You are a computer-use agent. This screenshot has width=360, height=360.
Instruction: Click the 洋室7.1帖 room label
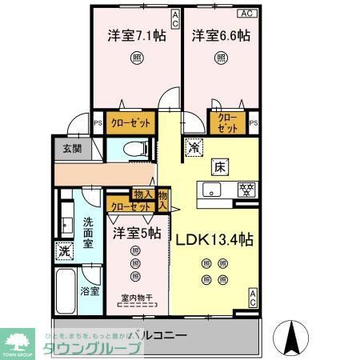pyautogui.click(x=136, y=36)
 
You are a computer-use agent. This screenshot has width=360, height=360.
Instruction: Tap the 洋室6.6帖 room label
pyautogui.click(x=219, y=36)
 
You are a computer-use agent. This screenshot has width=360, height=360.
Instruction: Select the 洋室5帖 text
pyautogui.click(x=137, y=234)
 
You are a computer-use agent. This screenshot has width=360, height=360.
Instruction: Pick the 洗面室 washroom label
pyautogui.click(x=88, y=233)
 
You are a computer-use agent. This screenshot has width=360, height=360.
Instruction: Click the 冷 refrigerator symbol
pyautogui.click(x=194, y=146)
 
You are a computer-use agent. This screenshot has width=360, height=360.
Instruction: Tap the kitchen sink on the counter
pyautogui.click(x=212, y=190)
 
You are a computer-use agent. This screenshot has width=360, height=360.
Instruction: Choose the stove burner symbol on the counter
pyautogui.click(x=247, y=190)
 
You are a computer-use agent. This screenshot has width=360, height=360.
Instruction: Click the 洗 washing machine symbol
pyautogui.click(x=64, y=251)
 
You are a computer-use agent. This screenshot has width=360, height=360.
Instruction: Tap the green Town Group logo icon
pyautogui.click(x=20, y=337)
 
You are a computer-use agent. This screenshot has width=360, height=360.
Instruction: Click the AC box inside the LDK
pyautogui.click(x=252, y=297)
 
